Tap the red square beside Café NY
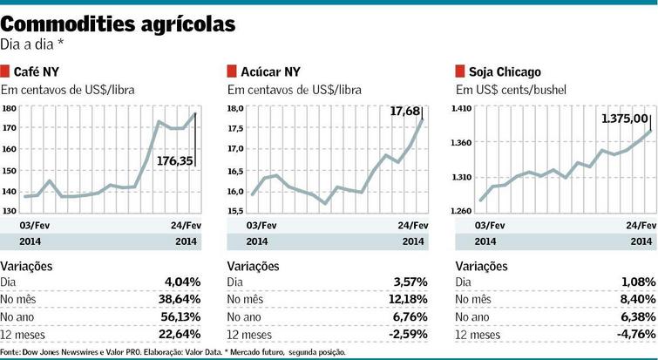click(x=5, y=71)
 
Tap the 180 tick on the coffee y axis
click(x=10, y=109)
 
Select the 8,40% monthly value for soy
click(x=635, y=300)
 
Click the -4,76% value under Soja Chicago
click(x=633, y=335)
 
